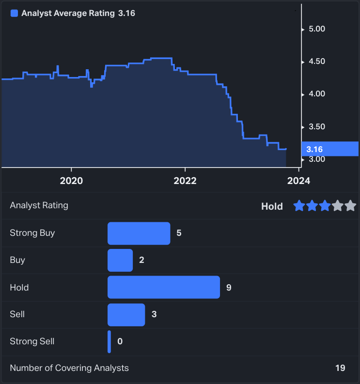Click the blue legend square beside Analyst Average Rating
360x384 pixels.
tap(14, 14)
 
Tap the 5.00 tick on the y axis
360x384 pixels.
tap(316, 29)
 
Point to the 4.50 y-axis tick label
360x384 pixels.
tap(316, 61)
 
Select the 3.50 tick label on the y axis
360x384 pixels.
tap(316, 127)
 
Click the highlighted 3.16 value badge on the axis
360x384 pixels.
tap(329, 149)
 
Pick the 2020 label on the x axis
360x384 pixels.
tap(71, 181)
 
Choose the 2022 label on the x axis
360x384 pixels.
tap(185, 181)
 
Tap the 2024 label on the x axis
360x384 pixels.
tap(299, 181)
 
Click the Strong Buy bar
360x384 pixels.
tap(139, 233)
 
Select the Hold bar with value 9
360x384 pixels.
tap(164, 287)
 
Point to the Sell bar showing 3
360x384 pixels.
tap(126, 314)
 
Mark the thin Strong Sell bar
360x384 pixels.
tap(110, 341)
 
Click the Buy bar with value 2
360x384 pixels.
tap(120, 260)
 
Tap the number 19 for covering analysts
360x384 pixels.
tap(340, 368)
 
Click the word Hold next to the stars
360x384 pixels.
tap(272, 207)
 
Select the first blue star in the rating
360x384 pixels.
tap(299, 206)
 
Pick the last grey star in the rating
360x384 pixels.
tap(350, 206)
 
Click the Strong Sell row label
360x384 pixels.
tap(32, 341)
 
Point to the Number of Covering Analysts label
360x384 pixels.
tap(69, 368)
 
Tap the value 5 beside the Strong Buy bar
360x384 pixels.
tap(179, 233)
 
